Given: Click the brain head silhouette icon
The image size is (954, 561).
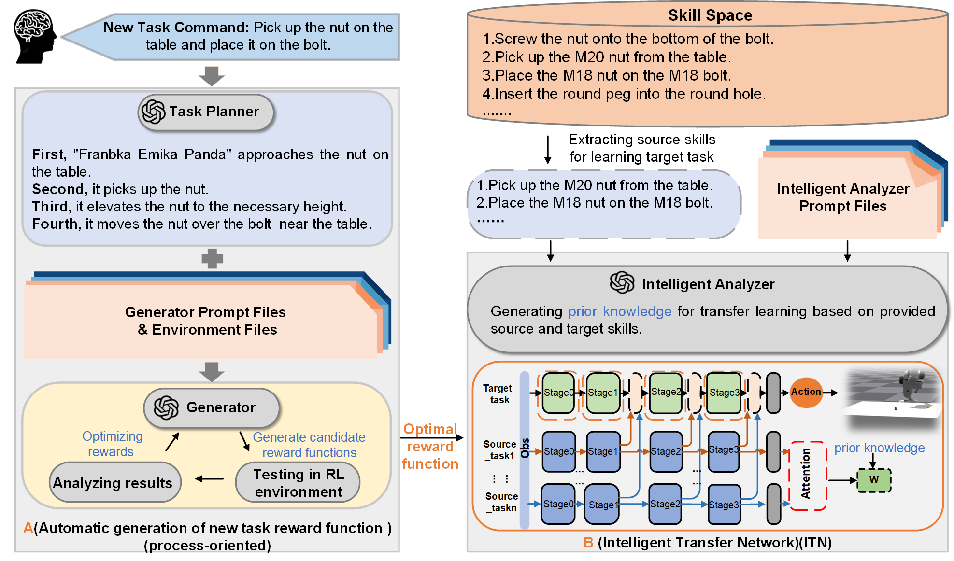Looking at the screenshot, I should coord(34,37).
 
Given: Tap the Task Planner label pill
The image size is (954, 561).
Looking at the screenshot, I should coord(206,112).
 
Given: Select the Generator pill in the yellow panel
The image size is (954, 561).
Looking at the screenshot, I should coord(212,407).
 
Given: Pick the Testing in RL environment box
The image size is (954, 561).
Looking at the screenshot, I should coord(298,482).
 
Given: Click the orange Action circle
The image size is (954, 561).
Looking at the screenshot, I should coord(806,392).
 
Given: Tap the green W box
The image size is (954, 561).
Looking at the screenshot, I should coord(874,480).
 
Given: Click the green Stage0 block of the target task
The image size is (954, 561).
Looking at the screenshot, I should coord(558,393).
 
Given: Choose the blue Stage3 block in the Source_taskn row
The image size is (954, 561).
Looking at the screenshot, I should coord(724,505).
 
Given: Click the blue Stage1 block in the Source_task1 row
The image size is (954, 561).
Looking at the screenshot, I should coord(603,451).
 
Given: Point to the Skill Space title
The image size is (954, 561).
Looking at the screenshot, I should coord(710,15).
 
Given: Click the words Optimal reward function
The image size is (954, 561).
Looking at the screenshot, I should coord(429,447).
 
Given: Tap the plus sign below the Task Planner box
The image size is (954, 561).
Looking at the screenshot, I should coord(212,259).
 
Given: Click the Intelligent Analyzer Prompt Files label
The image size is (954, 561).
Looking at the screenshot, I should coord(843,197).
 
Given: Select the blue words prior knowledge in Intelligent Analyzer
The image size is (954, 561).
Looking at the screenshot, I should coord(619,311).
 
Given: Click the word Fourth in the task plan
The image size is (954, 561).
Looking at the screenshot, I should coord(55,224).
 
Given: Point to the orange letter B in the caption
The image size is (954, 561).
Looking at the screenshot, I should coord(588,543).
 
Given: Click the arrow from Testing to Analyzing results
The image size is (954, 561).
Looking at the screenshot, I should coord(209,479).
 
